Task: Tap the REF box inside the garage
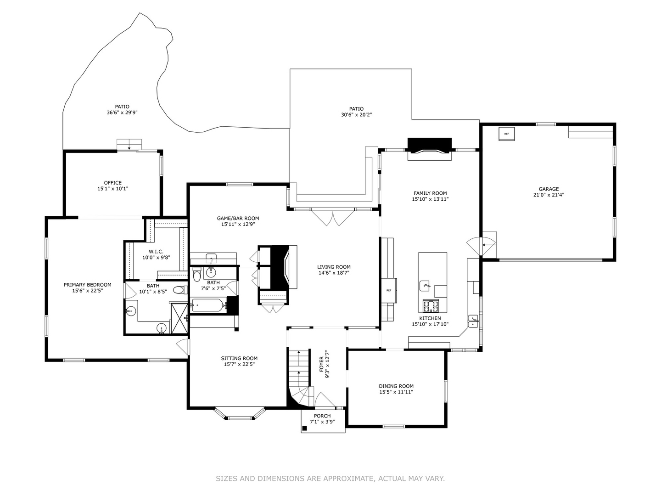[506, 134]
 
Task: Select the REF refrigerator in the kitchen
[389, 291]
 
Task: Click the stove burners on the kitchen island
[431, 306]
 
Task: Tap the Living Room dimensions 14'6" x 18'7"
[334, 273]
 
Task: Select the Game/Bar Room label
[238, 218]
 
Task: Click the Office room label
[112, 183]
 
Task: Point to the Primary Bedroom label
[87, 285]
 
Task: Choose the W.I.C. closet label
[156, 252]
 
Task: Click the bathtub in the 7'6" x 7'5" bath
[208, 305]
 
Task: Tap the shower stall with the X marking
[179, 318]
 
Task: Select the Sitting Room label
[239, 358]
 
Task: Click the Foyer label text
[321, 364]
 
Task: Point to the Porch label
[322, 416]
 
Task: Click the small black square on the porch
[305, 428]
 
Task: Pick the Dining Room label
[396, 386]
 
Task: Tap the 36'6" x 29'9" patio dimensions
[122, 113]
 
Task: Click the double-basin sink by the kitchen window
[473, 321]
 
